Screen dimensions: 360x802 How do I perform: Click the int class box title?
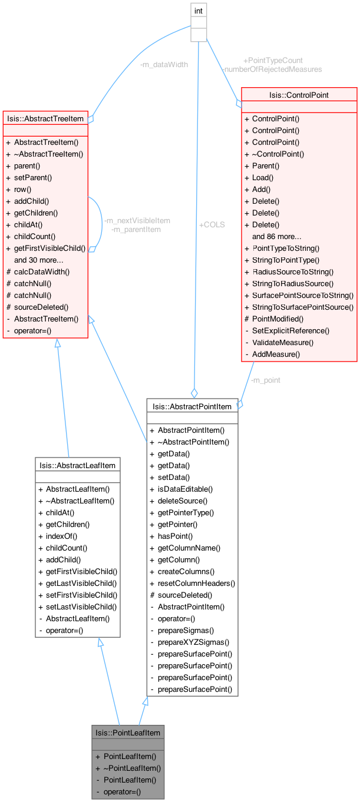click(198, 11)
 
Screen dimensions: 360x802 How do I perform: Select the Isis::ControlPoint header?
click(299, 95)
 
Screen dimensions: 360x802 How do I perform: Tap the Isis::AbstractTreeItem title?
click(45, 118)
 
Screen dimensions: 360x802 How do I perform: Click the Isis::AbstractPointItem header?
click(192, 406)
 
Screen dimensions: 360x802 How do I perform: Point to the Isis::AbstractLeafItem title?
click(77, 465)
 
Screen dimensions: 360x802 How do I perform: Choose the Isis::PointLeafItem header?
click(128, 733)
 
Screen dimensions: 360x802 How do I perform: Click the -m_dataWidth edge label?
click(164, 64)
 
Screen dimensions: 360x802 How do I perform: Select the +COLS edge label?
click(212, 224)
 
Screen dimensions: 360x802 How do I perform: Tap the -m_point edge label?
click(265, 380)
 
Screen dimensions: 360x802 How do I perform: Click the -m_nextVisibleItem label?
click(137, 221)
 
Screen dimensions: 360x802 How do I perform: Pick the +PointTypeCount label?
click(273, 61)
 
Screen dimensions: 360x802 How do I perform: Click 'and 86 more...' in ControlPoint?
click(276, 236)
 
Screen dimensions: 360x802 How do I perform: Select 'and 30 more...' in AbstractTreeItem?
click(39, 260)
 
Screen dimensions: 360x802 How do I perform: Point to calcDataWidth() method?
click(42, 271)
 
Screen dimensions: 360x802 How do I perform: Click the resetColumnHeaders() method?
click(197, 583)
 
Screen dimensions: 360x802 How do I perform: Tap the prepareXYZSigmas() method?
click(193, 642)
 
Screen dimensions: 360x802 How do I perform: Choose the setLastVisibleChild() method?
click(81, 607)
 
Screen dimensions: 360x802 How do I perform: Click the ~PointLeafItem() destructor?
click(132, 768)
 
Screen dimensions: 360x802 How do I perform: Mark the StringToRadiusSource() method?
click(293, 284)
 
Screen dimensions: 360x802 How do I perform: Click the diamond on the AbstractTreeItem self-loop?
click(92, 249)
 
